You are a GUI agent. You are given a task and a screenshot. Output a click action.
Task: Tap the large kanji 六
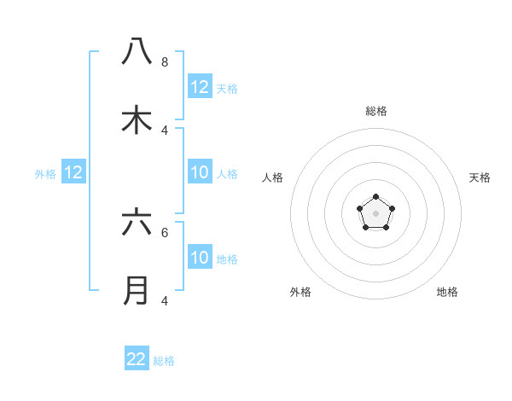pos(137,223)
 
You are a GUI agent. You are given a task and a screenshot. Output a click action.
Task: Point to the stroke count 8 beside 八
pos(165,62)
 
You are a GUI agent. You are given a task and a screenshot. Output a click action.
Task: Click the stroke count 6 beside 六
pos(165,232)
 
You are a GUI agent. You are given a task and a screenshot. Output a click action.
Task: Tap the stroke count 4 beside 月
pos(165,300)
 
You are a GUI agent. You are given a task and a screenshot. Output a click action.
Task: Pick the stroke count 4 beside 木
pos(165,130)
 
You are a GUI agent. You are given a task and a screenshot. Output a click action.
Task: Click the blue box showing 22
pos(137,359)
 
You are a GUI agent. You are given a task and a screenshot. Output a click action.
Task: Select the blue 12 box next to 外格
pos(73,173)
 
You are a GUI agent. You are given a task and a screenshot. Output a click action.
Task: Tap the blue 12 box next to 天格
pos(200,87)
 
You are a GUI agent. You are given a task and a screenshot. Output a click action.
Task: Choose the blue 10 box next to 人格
pos(200,173)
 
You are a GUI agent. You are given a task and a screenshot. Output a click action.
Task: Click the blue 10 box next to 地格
pos(200,258)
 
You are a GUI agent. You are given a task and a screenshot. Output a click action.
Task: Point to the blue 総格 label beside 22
pos(164,361)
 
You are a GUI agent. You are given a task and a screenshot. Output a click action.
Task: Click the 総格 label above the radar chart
pos(376,111)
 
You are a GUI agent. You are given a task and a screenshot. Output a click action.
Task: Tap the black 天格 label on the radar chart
pos(480,177)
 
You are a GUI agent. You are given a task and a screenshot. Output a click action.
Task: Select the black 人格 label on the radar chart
pos(273,177)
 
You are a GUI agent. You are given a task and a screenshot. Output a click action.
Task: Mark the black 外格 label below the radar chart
pos(300,292)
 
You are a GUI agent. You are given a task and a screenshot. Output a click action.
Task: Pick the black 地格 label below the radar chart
pos(447,292)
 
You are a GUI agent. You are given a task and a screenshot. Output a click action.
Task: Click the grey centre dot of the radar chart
pos(375,213)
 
